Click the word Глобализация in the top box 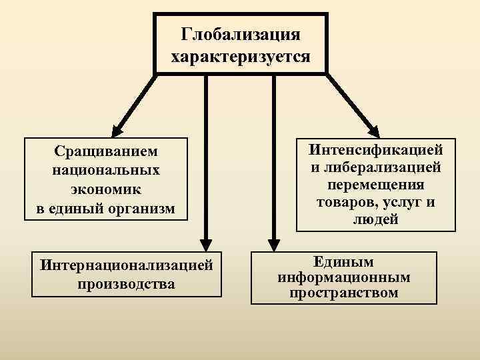point(241,33)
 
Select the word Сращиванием point(106,153)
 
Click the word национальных point(106,171)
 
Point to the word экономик point(106,190)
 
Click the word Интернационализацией point(127,265)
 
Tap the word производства point(127,284)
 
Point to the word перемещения point(377,184)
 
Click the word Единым point(344,262)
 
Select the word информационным point(344,277)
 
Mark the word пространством point(344,293)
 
